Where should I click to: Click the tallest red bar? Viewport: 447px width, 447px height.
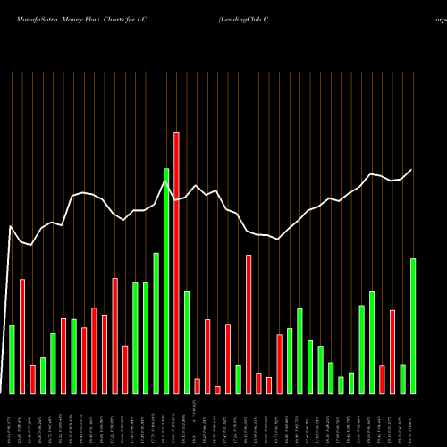click(x=176, y=263)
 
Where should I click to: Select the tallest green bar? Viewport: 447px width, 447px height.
click(x=166, y=281)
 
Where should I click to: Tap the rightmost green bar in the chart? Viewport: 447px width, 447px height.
click(x=413, y=326)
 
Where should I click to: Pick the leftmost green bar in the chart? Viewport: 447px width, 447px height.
click(x=13, y=359)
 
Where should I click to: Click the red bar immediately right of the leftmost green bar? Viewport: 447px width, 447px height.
click(x=22, y=336)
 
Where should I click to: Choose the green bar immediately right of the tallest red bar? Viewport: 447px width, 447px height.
click(x=187, y=342)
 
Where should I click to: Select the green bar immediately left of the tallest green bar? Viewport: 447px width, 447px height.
click(x=156, y=323)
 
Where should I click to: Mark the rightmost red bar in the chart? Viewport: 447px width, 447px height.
click(x=392, y=351)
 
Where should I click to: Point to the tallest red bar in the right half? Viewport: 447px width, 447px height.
click(x=249, y=325)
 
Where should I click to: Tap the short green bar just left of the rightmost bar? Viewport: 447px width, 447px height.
click(x=403, y=379)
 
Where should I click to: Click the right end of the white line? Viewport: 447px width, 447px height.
click(x=412, y=170)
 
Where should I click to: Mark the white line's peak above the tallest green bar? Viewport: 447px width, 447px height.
click(x=166, y=181)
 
